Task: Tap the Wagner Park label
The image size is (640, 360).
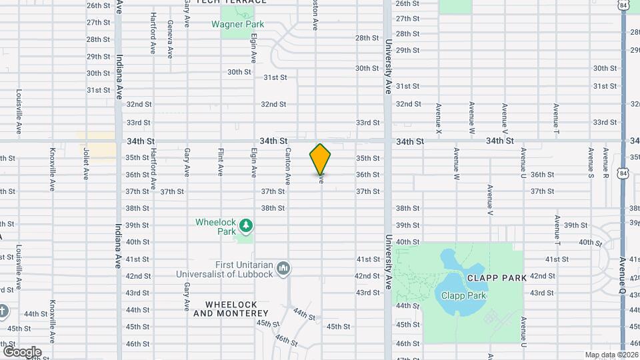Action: click(237, 25)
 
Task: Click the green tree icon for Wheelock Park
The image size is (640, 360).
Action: click(246, 226)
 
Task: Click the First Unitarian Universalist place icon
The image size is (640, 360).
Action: click(284, 268)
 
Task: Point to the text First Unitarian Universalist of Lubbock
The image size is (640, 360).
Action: click(225, 269)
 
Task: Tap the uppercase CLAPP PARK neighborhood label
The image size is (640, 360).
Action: click(497, 277)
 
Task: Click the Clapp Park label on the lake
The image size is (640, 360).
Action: click(460, 295)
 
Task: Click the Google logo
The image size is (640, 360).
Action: click(21, 351)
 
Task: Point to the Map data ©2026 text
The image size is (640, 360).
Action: click(611, 355)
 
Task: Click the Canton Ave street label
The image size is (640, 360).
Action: click(288, 166)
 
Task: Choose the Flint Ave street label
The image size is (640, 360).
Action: click(220, 162)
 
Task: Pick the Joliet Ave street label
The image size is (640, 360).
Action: click(86, 164)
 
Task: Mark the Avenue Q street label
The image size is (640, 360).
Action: click(621, 271)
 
